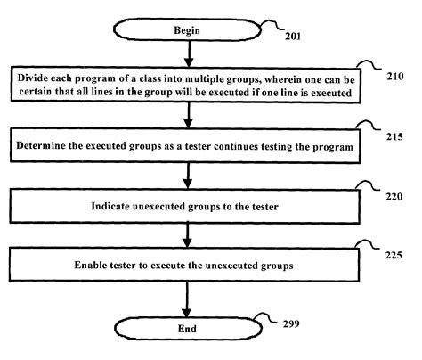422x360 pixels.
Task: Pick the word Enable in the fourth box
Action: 100,265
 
